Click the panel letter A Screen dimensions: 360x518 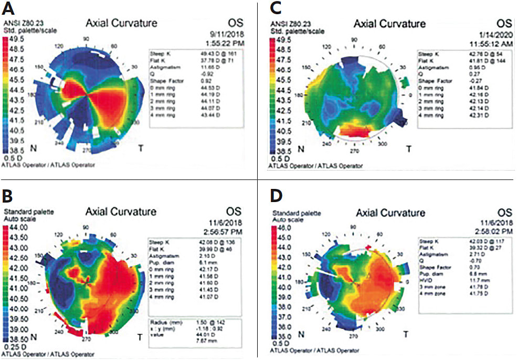tap(9, 10)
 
